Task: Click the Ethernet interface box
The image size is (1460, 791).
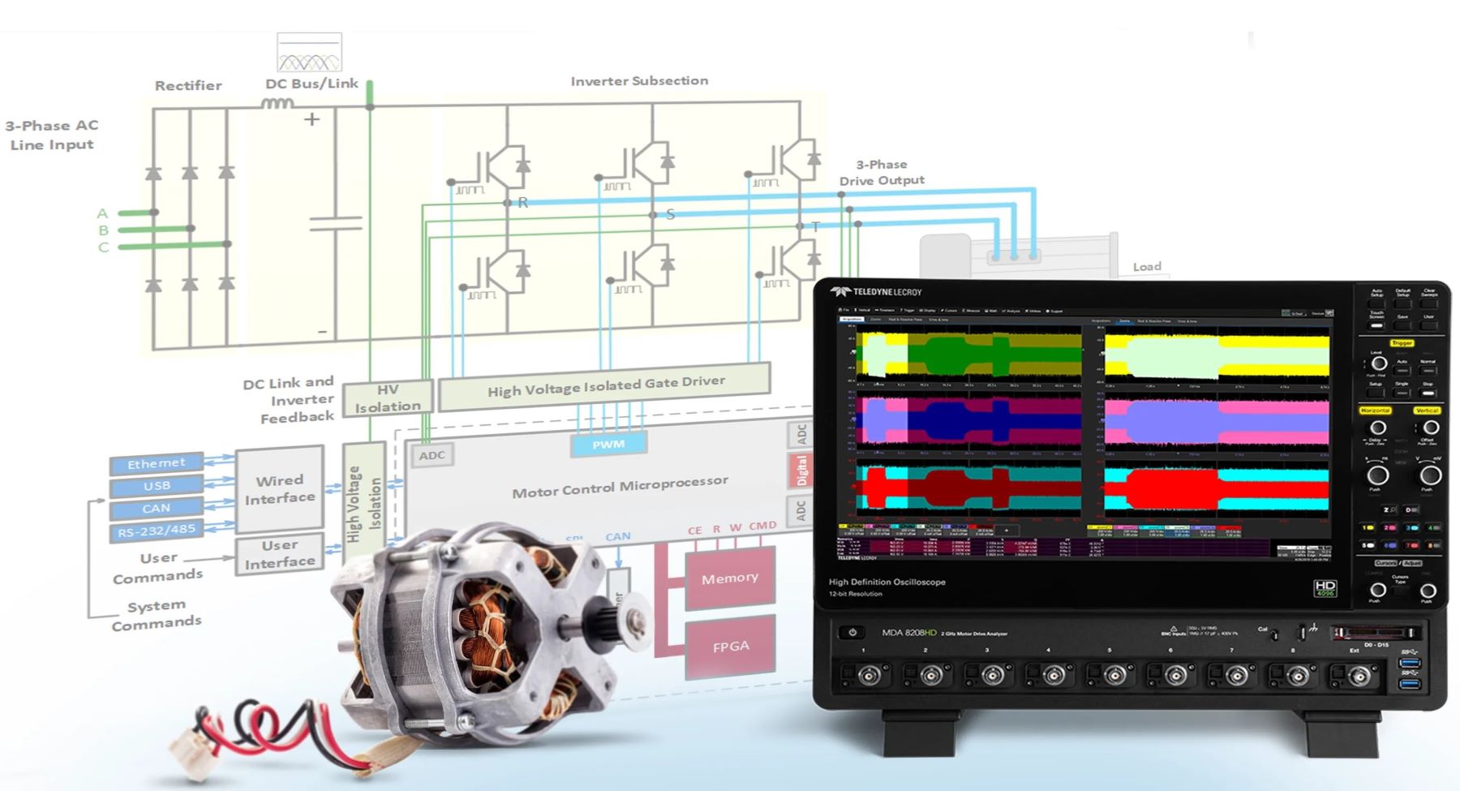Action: coord(156,463)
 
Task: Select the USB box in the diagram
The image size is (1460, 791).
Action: coord(157,486)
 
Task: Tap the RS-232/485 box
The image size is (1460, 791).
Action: coord(156,531)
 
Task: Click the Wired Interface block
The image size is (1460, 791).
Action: coord(280,489)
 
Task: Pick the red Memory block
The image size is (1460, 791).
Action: coord(730,578)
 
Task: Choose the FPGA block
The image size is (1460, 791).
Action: coord(730,647)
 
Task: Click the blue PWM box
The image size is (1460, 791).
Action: coord(608,444)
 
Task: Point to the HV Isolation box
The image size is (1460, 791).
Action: coord(387,398)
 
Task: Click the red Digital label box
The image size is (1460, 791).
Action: coord(801,470)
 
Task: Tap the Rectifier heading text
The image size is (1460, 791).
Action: coord(188,85)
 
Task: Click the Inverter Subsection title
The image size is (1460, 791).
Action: coord(639,81)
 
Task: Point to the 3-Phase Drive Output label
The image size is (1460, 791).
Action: coord(881,172)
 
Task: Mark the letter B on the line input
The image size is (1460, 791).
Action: coord(103,230)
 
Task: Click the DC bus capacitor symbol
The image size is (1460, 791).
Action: coord(336,223)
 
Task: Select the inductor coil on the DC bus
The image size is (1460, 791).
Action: coord(277,103)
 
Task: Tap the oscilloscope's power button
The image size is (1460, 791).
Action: coord(852,633)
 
